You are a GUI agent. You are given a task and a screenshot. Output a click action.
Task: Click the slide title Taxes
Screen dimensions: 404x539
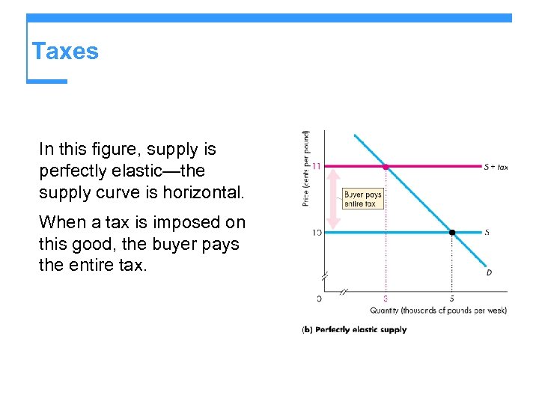coord(65,52)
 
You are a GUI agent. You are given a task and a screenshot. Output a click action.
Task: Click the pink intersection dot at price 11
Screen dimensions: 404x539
coord(386,166)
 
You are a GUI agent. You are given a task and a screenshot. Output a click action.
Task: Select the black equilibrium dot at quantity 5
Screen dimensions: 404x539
coord(451,233)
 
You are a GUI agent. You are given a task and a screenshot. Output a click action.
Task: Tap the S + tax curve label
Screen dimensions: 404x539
coord(496,167)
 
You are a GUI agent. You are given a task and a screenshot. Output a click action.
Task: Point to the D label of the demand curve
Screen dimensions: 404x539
coord(489,272)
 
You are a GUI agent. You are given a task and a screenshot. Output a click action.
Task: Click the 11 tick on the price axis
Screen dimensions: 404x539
coord(317,166)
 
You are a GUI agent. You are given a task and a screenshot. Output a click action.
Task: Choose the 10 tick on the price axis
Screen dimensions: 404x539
coord(317,233)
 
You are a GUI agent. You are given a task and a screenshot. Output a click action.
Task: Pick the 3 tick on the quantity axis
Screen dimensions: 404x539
coord(386,299)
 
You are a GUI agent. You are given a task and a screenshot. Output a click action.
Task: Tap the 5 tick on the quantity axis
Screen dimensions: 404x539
coord(451,299)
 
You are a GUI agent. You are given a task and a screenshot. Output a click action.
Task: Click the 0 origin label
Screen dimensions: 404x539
coord(319,299)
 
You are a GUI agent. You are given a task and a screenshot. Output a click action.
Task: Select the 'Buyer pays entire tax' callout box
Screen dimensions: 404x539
coord(363,199)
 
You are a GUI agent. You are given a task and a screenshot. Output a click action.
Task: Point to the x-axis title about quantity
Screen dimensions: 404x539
coord(438,310)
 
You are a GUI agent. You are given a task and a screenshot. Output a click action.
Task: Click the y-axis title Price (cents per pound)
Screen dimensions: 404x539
coord(306,169)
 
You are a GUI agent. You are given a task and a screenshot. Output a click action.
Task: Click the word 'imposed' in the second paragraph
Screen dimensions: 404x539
coord(189,222)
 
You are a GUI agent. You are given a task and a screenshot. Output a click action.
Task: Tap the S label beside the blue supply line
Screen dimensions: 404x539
coord(487,233)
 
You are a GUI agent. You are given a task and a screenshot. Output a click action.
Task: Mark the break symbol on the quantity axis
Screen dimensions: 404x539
coord(345,290)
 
